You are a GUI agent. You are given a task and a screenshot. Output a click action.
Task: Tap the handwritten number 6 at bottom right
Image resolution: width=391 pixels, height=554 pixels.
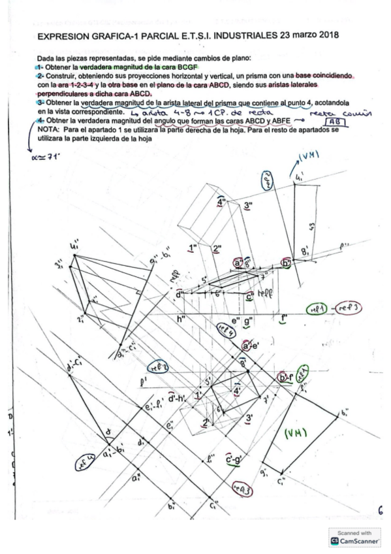[x=380, y=512]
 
